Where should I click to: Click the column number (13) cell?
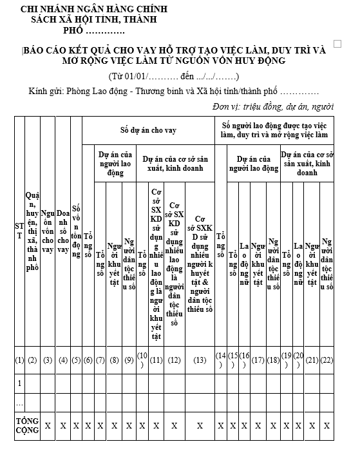click(x=200, y=360)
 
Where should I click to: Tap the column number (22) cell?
click(x=327, y=360)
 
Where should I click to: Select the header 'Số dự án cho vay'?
click(x=148, y=130)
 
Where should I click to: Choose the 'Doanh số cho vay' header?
click(x=63, y=231)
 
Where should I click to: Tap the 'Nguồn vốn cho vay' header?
click(x=47, y=231)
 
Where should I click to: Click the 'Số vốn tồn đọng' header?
click(x=76, y=231)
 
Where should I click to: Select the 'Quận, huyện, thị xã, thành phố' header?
click(x=32, y=231)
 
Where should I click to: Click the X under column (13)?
click(x=200, y=426)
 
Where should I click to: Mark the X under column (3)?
click(x=47, y=426)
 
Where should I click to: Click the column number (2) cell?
click(x=32, y=360)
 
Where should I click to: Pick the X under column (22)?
click(x=327, y=426)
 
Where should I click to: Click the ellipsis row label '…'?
click(x=19, y=403)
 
